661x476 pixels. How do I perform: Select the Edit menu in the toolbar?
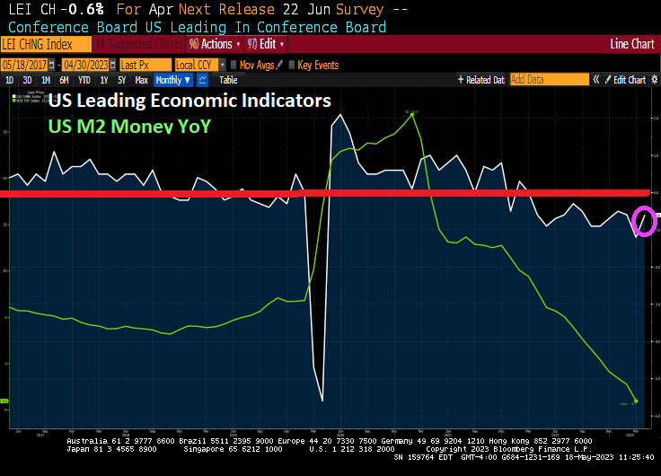click(x=268, y=44)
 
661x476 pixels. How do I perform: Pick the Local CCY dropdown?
click(x=197, y=65)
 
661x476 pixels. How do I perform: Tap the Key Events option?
click(x=318, y=65)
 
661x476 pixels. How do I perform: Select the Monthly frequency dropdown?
click(x=173, y=80)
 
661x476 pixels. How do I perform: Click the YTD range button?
click(x=84, y=80)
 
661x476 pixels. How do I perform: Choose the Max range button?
click(x=141, y=80)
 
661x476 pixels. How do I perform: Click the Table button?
click(x=228, y=80)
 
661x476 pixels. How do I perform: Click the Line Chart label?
click(x=632, y=44)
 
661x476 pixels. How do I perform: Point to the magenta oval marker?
click(x=643, y=221)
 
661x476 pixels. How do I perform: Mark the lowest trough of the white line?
click(x=322, y=401)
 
